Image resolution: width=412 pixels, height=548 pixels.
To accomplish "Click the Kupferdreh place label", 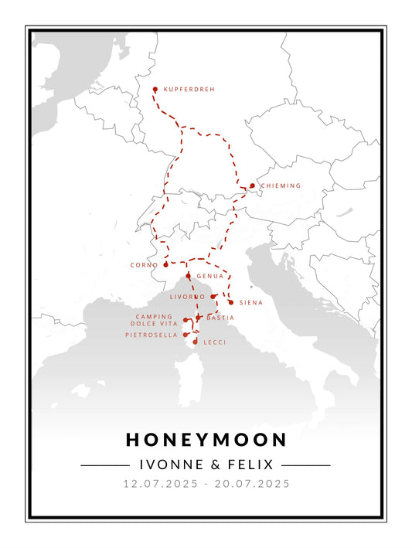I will (189, 90).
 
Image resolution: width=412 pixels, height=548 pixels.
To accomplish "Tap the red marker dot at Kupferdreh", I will (155, 90).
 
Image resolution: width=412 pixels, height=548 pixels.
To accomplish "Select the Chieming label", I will (281, 186).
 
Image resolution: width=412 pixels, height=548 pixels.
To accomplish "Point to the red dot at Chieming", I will (252, 186).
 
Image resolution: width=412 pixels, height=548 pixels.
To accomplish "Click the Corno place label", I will (144, 265).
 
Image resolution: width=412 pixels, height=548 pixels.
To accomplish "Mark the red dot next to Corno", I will (165, 264).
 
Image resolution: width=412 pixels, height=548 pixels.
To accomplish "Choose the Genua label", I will (209, 276).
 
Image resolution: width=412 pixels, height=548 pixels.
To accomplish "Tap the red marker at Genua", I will (188, 275).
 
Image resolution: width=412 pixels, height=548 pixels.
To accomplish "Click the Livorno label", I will (187, 296).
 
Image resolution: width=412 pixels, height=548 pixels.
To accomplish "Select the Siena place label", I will (251, 303).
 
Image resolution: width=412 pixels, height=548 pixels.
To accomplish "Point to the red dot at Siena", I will (230, 302).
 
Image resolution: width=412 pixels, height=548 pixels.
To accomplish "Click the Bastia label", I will (220, 318).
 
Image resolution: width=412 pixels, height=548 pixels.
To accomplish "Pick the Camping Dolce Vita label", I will (154, 320).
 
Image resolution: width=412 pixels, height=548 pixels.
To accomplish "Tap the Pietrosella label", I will (152, 335).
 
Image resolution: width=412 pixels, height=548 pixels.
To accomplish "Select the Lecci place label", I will (214, 342).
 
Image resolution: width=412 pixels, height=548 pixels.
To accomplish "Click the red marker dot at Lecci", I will (196, 341).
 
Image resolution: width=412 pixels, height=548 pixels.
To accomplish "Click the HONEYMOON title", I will (206, 440).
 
